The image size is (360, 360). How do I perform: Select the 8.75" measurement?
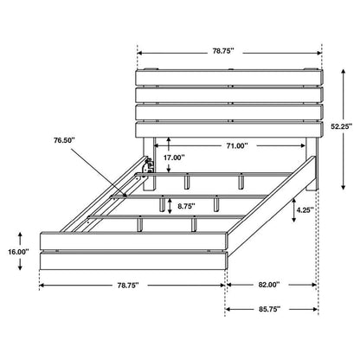click(180, 206)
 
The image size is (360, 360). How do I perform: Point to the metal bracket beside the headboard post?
click(150, 162)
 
